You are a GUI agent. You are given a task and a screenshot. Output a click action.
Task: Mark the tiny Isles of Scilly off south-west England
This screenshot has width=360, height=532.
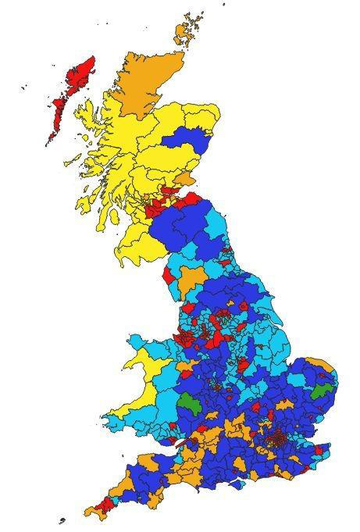pyautogui.click(x=62, y=520)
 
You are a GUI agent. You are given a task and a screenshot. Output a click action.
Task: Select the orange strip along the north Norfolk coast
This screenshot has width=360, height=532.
pyautogui.click(x=316, y=361)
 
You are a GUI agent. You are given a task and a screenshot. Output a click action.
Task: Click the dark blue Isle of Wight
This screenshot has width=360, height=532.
pyautogui.click(x=236, y=483)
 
